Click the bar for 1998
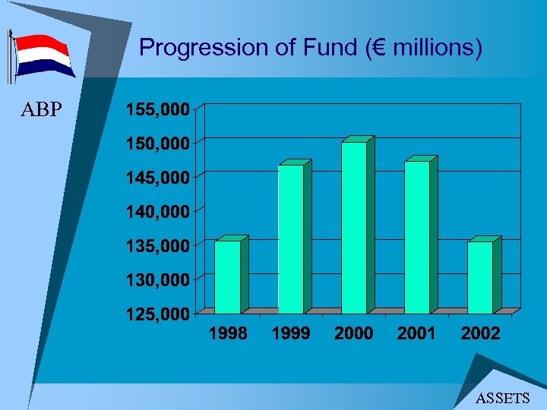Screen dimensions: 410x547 click(228, 277)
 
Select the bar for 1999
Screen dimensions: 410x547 click(291, 238)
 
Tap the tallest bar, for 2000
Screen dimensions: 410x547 click(354, 228)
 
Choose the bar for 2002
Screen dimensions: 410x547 click(480, 277)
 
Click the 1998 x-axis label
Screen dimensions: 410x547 click(228, 333)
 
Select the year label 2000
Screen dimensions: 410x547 click(354, 333)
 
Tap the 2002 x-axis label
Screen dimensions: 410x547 click(480, 333)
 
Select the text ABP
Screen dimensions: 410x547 click(41, 110)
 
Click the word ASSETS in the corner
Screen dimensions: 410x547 click(502, 398)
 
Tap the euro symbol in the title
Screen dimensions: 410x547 click(371, 49)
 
